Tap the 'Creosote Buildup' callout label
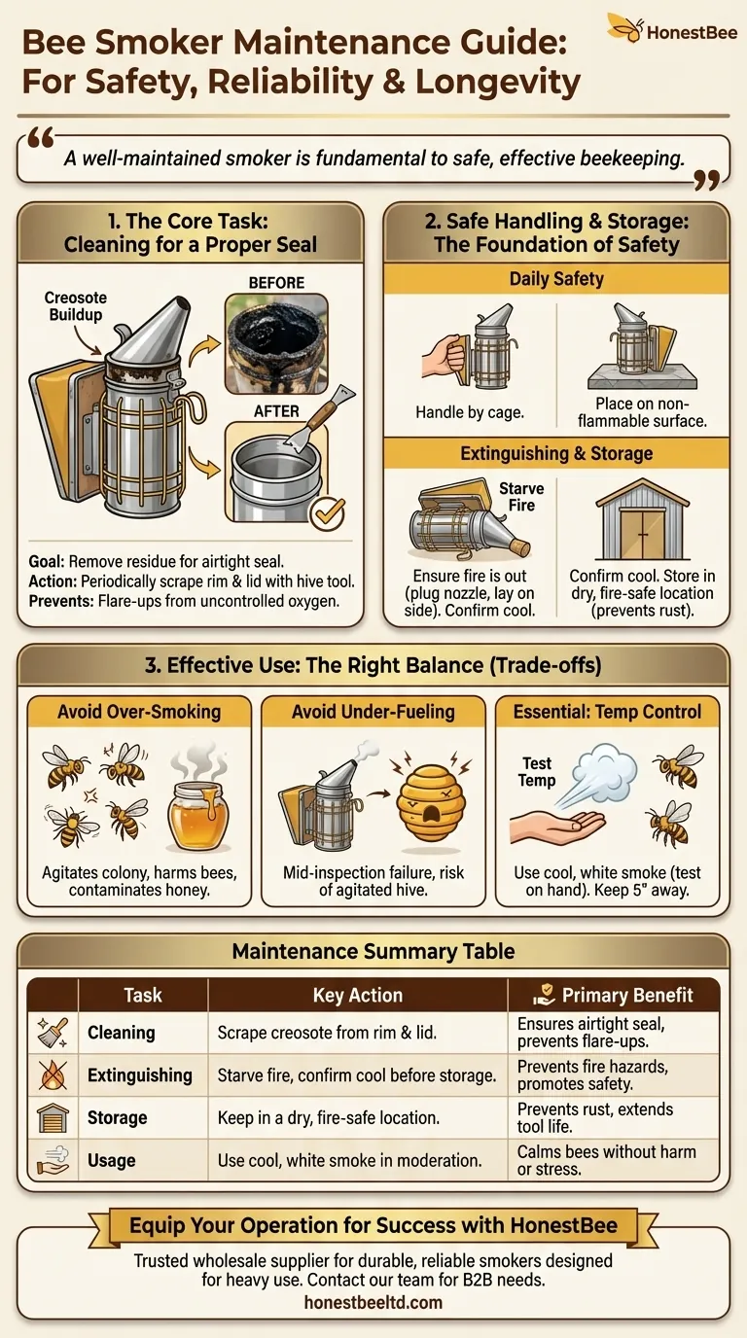pyautogui.click(x=75, y=306)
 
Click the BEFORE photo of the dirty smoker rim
pyautogui.click(x=276, y=343)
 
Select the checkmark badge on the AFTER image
pyautogui.click(x=328, y=513)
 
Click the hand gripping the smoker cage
pyautogui.click(x=444, y=357)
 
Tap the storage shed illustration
pyautogui.click(x=642, y=519)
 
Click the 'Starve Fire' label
pyautogui.click(x=521, y=496)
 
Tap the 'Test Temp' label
pyautogui.click(x=537, y=772)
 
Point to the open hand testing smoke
pyautogui.click(x=557, y=827)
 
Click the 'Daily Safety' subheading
pyautogui.click(x=556, y=279)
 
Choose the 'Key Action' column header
pyautogui.click(x=357, y=995)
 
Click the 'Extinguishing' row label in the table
pyautogui.click(x=140, y=1075)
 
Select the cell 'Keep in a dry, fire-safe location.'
pyautogui.click(x=328, y=1117)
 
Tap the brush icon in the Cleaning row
pyautogui.click(x=53, y=1033)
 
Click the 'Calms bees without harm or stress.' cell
pyautogui.click(x=606, y=1160)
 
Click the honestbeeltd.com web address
pyautogui.click(x=373, y=1302)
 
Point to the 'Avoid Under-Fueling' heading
pyautogui.click(x=373, y=712)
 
